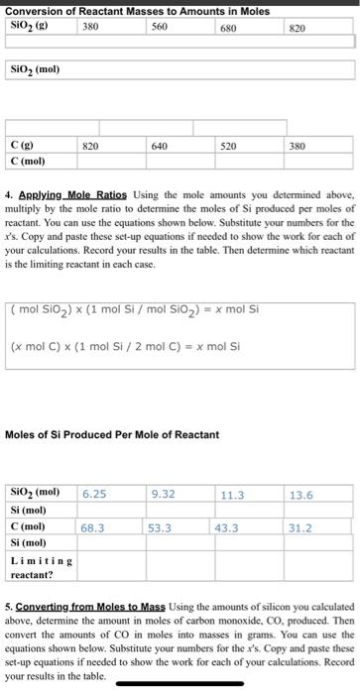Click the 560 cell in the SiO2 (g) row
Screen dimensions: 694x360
pos(159,28)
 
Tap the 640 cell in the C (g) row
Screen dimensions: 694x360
pos(159,145)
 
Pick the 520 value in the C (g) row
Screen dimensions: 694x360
pos(228,145)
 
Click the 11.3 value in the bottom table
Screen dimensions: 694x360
pos(233,493)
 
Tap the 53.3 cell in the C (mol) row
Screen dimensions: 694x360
pos(164,528)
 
